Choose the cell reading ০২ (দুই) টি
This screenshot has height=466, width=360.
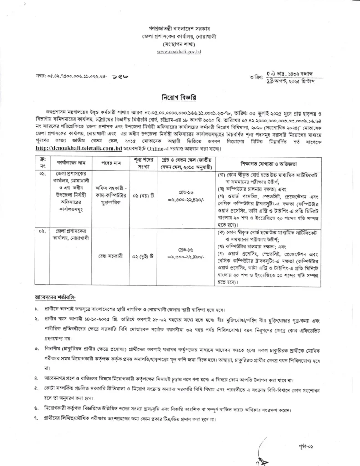click(x=139, y=256)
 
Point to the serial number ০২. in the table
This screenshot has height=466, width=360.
click(x=41, y=232)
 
